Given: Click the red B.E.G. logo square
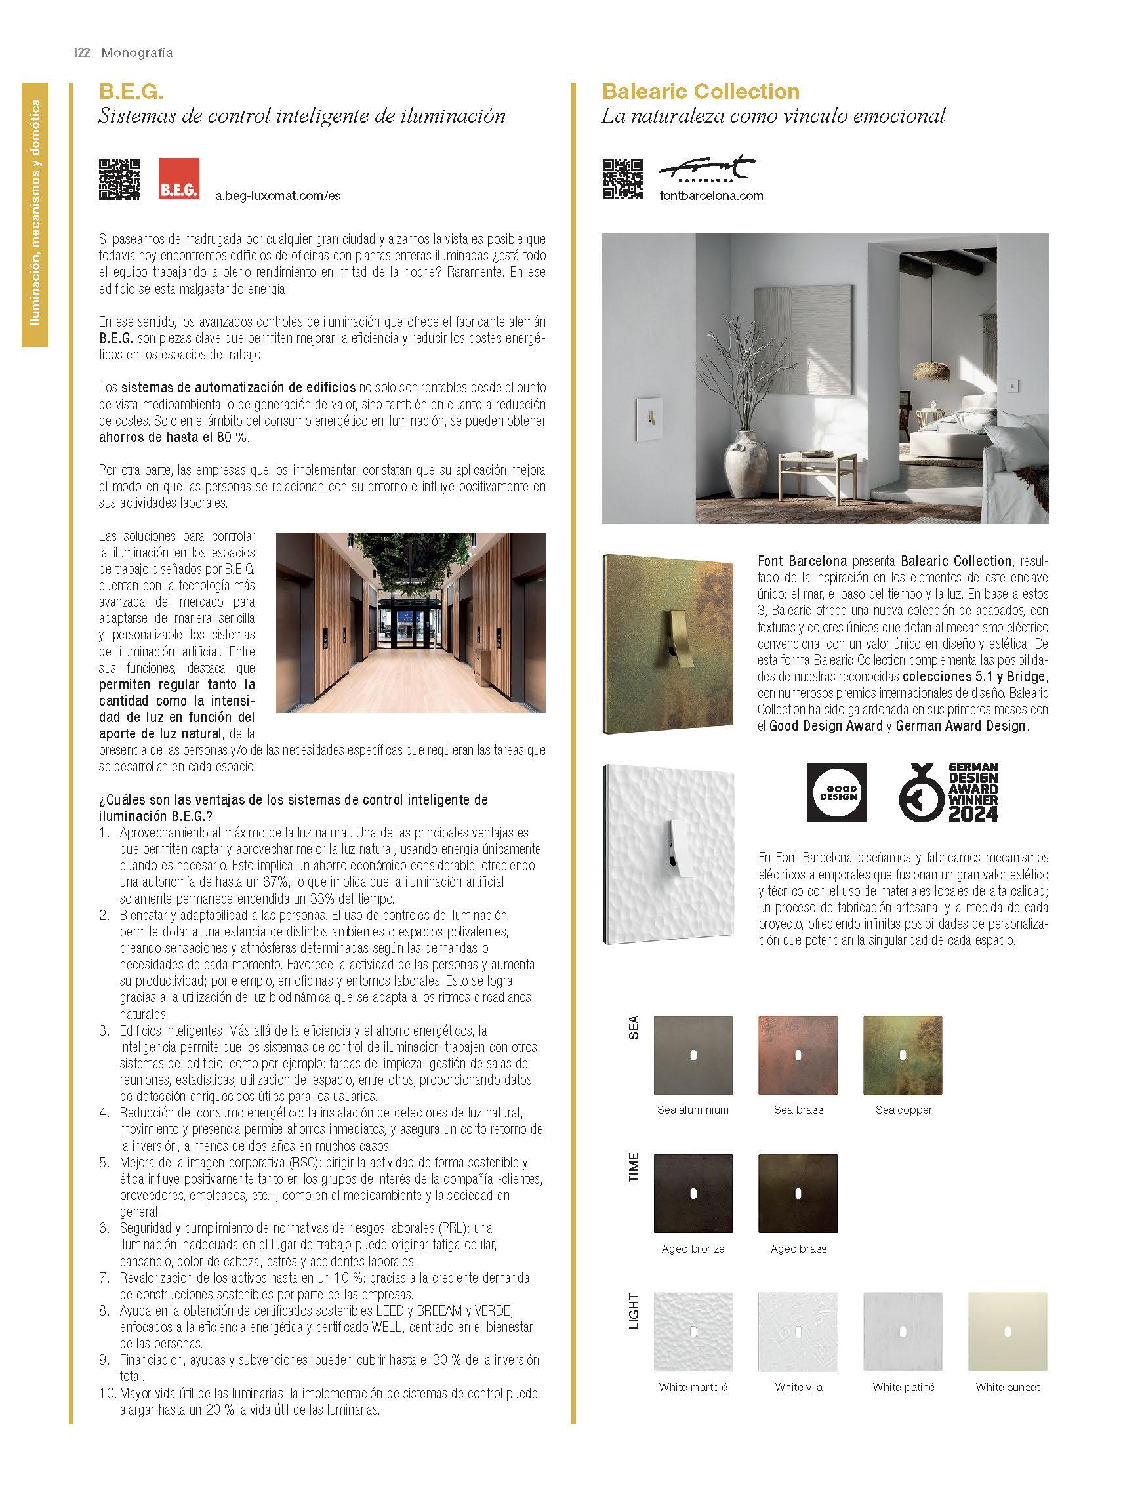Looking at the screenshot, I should [179, 178].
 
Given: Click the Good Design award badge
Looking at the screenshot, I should [837, 792].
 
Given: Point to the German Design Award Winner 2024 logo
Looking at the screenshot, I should [948, 792].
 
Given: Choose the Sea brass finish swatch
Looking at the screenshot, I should [798, 1055].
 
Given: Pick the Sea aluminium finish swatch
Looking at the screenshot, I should [693, 1055].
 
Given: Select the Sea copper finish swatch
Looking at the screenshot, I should [903, 1055].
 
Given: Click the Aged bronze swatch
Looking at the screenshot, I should [693, 1193].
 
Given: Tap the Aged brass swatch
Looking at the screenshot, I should [798, 1193].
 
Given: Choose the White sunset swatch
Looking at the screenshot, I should [1008, 1332].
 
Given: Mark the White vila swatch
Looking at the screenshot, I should [798, 1332].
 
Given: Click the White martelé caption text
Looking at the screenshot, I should [693, 1387].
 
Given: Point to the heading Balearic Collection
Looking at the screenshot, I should [700, 92].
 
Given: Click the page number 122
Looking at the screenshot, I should [81, 53].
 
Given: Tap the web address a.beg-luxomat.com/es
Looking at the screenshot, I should [277, 195].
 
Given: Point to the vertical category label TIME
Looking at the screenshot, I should [634, 1167].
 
